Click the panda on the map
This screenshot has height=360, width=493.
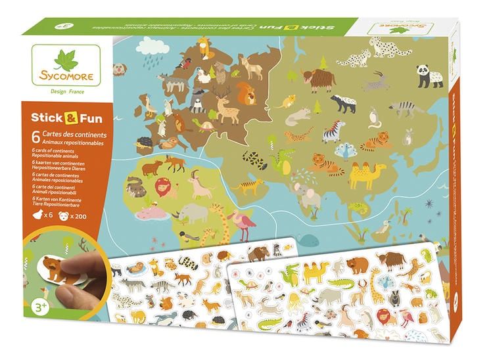click(x=422, y=74)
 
